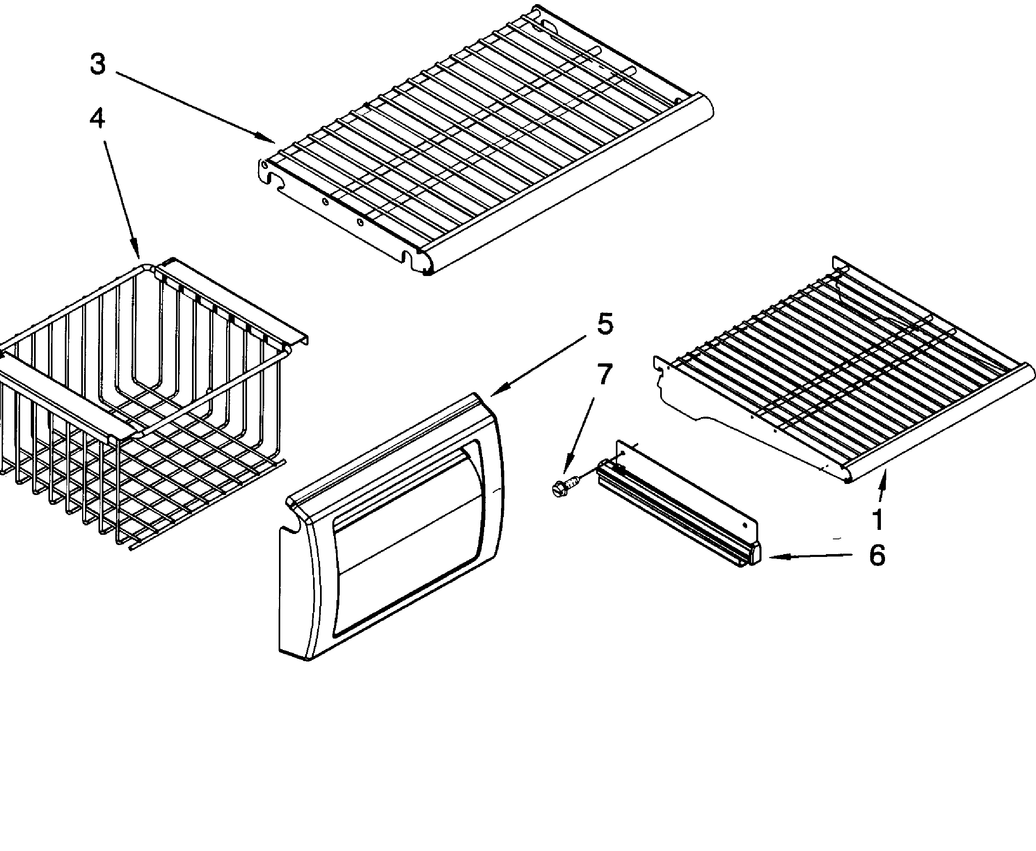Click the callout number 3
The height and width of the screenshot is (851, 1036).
(98, 65)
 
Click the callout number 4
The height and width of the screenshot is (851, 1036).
(97, 119)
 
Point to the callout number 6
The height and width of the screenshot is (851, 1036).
(877, 555)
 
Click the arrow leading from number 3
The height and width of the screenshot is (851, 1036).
(196, 108)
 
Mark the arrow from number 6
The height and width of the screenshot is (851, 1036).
(809, 556)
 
